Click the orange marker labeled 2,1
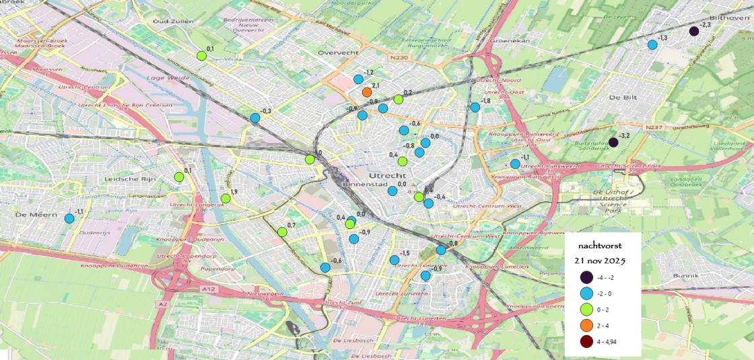coord(366,92)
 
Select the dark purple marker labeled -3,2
coord(613,142)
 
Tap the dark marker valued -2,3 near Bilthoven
coord(694,31)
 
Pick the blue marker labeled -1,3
coord(652,45)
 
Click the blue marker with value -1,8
coord(475,107)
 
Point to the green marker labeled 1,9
coord(226,198)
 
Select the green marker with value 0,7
coord(282,232)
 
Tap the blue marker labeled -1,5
coord(394,260)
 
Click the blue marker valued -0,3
coord(255,118)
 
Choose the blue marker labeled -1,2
coord(358,79)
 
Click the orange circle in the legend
coord(586,326)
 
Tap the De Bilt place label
coord(622,97)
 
